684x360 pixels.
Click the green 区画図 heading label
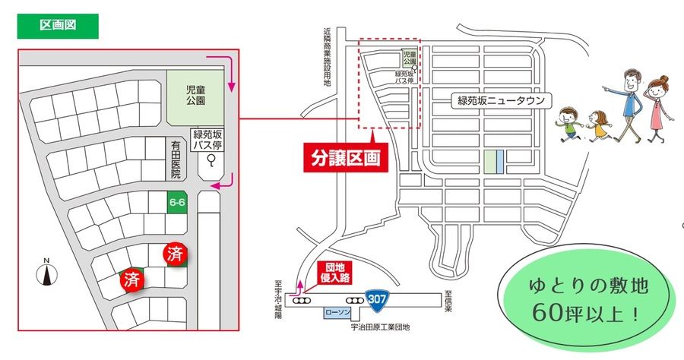pyautogui.click(x=59, y=25)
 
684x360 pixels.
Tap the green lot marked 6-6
pyautogui.click(x=178, y=202)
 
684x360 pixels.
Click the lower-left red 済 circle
pyautogui.click(x=133, y=278)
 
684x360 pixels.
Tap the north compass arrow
pyautogui.click(x=46, y=273)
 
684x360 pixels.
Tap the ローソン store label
pyautogui.click(x=339, y=312)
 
